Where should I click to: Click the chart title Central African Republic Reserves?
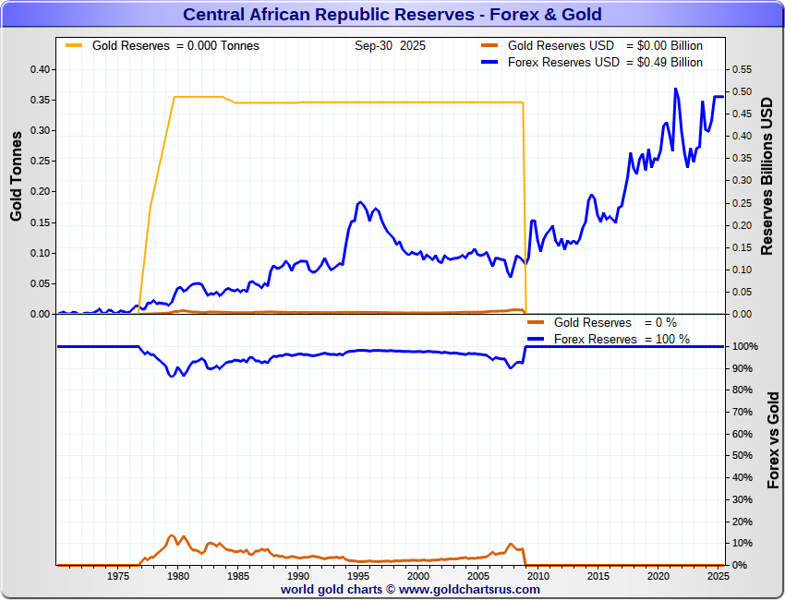pyautogui.click(x=392, y=14)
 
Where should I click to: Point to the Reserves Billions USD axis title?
pyautogui.click(x=767, y=175)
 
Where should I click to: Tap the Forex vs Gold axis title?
pyautogui.click(x=774, y=439)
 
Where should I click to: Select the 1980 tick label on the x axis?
pyautogui.click(x=177, y=576)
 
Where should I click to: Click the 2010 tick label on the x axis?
pyautogui.click(x=537, y=576)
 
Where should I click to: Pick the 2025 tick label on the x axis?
pyautogui.click(x=718, y=576)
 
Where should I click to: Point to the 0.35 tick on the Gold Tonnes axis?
pyautogui.click(x=39, y=100)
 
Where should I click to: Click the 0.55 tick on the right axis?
pyautogui.click(x=742, y=69)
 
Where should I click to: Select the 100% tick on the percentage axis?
pyautogui.click(x=745, y=346)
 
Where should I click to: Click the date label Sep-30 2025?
pyautogui.click(x=390, y=45)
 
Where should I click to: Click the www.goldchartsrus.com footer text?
pyautogui.click(x=470, y=589)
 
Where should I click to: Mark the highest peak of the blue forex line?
pyautogui.click(x=675, y=89)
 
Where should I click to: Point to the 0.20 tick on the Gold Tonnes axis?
pyautogui.click(x=39, y=191)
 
